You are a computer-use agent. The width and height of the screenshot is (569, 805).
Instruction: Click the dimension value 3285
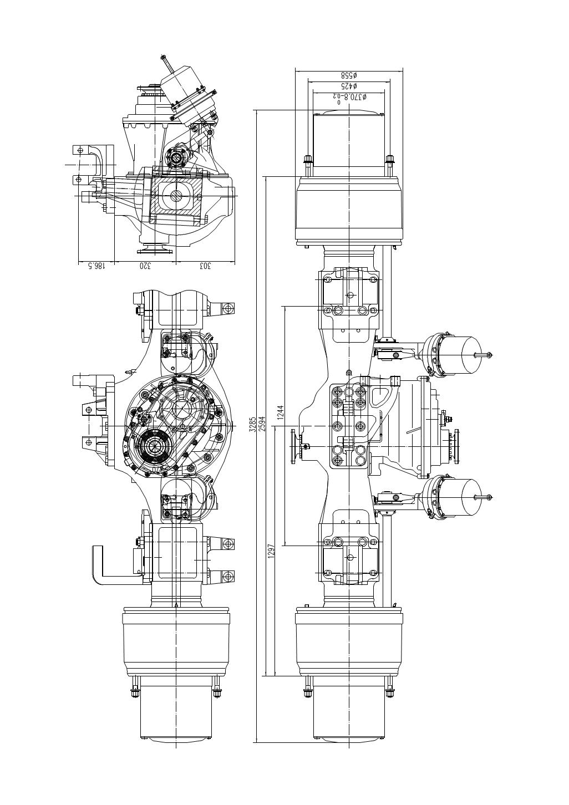(253, 425)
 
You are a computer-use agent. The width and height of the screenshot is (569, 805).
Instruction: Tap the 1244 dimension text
(281, 412)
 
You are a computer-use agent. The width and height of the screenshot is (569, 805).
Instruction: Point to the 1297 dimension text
(271, 550)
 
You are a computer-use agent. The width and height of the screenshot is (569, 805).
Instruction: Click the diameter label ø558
(349, 75)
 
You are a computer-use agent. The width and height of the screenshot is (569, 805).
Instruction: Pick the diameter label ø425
(349, 86)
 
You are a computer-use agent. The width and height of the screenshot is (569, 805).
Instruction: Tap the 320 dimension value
(145, 266)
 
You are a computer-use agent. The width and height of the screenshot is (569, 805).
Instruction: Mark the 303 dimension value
(205, 266)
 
